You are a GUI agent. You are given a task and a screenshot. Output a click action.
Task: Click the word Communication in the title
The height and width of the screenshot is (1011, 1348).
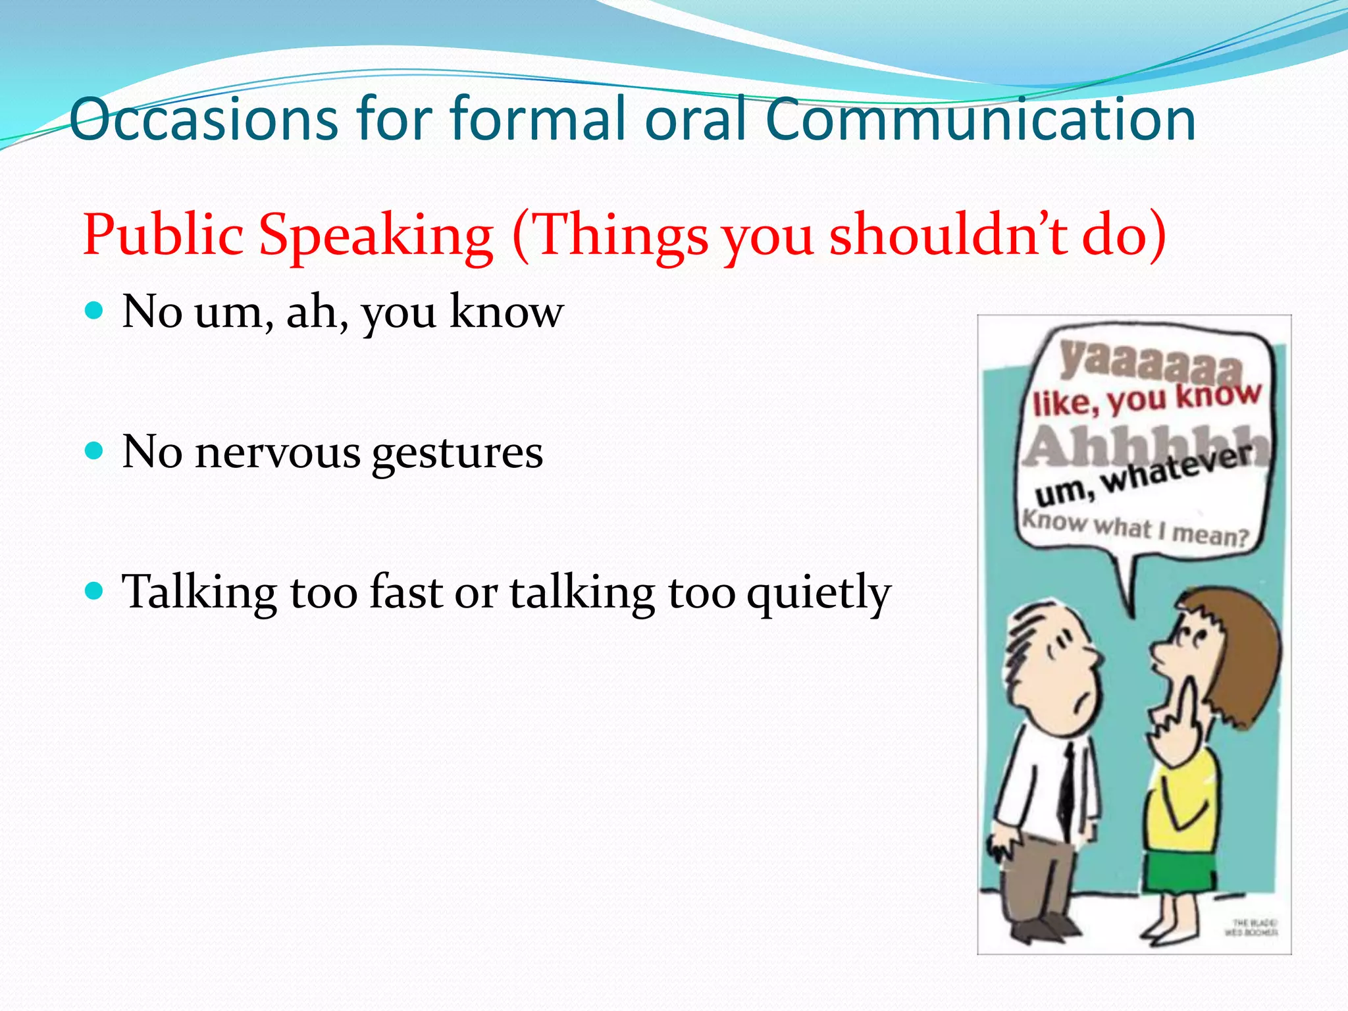click(x=980, y=120)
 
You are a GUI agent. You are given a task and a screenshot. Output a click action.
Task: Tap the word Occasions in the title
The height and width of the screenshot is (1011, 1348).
click(x=203, y=120)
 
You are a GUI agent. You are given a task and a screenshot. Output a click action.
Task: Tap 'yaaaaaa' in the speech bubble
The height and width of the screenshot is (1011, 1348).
click(x=1149, y=363)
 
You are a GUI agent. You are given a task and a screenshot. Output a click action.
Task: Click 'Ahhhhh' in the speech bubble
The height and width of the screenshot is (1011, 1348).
click(x=1146, y=446)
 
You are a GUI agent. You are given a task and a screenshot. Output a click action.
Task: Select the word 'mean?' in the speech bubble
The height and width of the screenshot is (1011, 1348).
click(x=1210, y=534)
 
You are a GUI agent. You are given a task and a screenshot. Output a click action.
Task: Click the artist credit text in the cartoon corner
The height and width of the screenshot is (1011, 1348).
click(x=1251, y=927)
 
